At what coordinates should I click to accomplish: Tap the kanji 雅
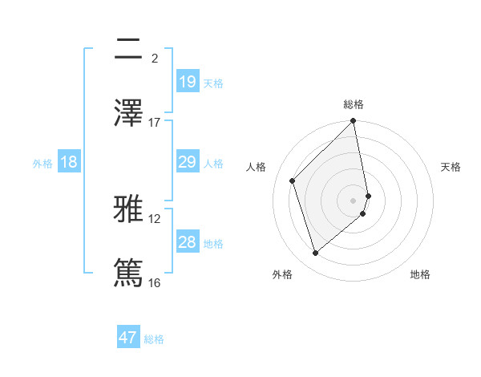[129, 210]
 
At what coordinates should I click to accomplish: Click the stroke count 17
[155, 122]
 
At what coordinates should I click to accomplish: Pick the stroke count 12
[155, 218]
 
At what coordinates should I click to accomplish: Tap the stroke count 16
[155, 282]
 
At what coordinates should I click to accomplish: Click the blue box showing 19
[187, 82]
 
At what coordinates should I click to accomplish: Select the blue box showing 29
[187, 163]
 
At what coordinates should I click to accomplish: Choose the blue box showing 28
[187, 242]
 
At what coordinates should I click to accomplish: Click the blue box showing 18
[69, 163]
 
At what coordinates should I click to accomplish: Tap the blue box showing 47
[128, 338]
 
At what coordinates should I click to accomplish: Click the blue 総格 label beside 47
[154, 339]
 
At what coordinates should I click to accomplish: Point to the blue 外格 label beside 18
[42, 164]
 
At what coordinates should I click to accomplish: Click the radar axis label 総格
[354, 104]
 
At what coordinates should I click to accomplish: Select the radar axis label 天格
[451, 167]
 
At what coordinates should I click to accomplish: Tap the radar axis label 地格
[420, 274]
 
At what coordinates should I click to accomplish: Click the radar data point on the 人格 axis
[293, 180]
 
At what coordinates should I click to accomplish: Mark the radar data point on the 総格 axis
[354, 122]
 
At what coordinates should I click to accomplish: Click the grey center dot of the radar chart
[354, 200]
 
